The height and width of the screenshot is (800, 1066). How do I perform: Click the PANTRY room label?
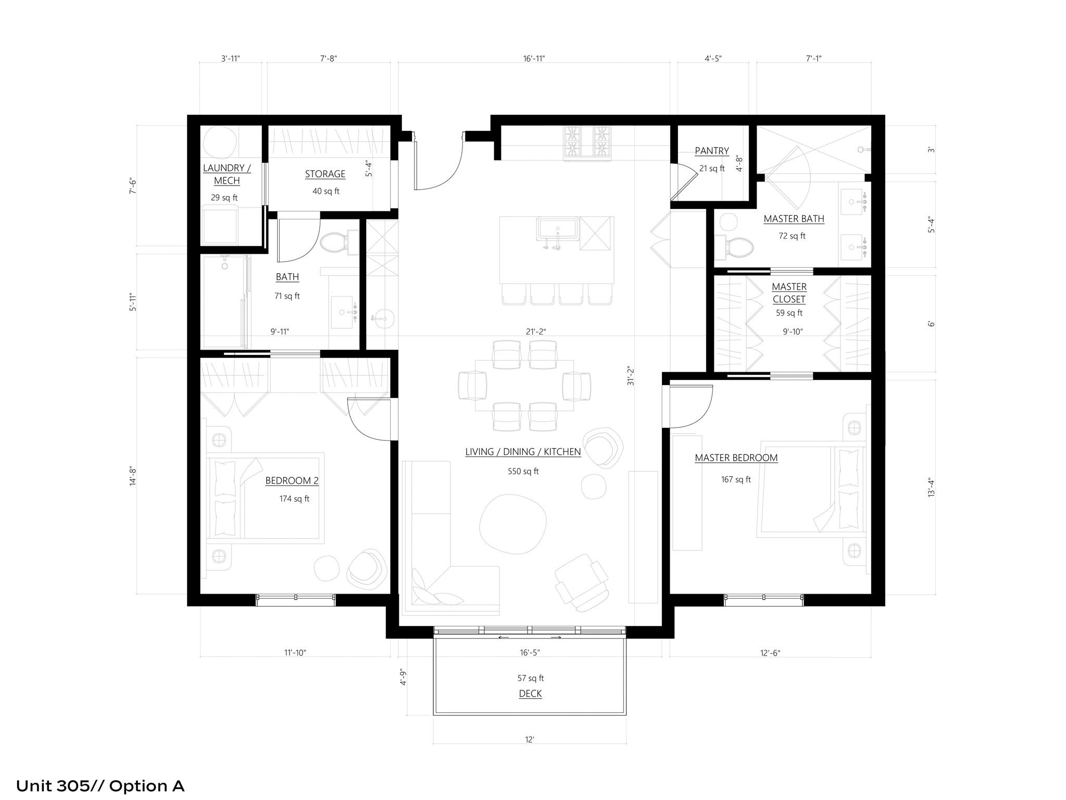[x=711, y=151]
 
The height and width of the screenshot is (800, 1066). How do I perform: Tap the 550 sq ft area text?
[x=523, y=472]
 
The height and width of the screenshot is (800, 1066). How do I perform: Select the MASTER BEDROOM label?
[x=736, y=458]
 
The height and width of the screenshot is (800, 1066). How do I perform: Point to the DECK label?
[x=530, y=694]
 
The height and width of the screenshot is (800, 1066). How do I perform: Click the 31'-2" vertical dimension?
[x=631, y=375]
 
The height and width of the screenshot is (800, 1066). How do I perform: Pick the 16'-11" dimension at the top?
[x=534, y=59]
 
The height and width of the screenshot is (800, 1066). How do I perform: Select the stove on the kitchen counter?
[x=587, y=141]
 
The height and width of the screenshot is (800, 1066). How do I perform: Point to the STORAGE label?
[x=325, y=174]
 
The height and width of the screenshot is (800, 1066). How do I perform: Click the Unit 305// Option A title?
[x=101, y=785]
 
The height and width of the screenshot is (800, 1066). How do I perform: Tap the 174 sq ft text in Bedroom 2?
[x=294, y=499]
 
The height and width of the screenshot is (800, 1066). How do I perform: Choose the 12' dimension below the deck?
[x=530, y=740]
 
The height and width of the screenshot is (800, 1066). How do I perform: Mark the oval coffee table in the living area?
[x=513, y=523]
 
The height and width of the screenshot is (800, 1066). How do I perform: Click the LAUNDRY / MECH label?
[x=227, y=175]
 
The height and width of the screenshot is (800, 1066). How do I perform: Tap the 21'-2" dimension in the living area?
[x=536, y=331]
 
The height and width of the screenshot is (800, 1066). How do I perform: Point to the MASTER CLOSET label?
[x=789, y=293]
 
